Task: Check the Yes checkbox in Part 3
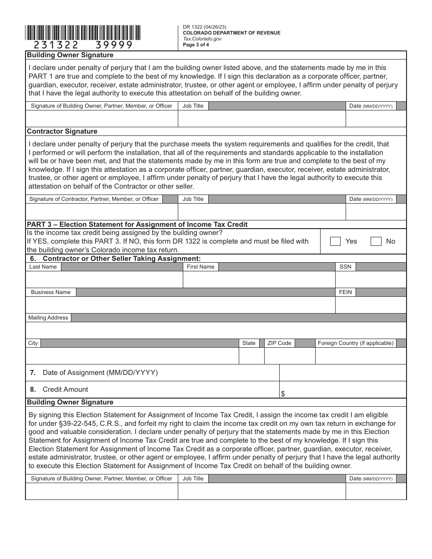coord(335,241)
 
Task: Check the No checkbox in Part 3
coord(376,241)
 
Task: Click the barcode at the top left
coord(83,32)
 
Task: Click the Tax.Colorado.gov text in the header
coord(202,39)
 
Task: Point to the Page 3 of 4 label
coord(196,45)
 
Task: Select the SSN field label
coord(345,267)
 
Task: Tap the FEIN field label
coord(345,292)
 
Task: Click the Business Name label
coord(50,292)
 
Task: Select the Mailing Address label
coord(48,318)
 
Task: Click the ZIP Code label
coord(279,343)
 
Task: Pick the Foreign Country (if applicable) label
coord(355,343)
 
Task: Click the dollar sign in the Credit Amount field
coord(283,394)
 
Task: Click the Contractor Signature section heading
coord(62,131)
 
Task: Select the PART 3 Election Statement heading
coord(137,224)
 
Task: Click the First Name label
coord(200,267)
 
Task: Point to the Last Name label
coord(43,267)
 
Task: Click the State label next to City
coord(249,343)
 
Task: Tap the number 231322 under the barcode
coord(56,45)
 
